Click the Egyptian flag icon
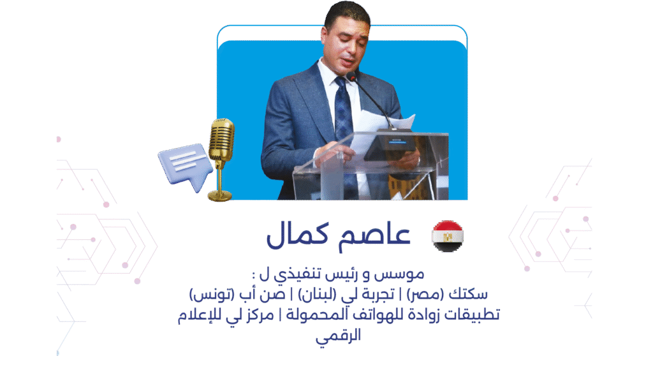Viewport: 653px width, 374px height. pos(448,236)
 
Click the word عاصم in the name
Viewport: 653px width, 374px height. pos(374,235)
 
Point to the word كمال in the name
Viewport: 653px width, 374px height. pos(297,235)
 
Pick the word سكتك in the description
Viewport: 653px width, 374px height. pos(468,294)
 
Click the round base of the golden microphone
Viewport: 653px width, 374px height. pos(220,195)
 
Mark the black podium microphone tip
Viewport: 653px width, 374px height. pos(352,77)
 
